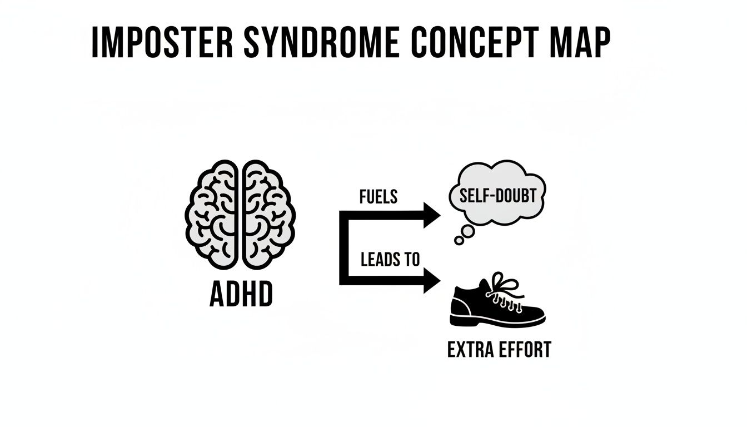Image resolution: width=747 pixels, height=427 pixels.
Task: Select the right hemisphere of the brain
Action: tap(268, 214)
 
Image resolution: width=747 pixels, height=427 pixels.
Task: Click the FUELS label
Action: tap(379, 197)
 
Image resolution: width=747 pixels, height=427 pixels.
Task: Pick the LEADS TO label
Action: tap(390, 259)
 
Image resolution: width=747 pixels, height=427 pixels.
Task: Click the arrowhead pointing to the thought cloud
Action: tap(432, 215)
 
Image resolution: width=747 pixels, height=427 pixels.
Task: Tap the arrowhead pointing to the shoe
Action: tap(432, 280)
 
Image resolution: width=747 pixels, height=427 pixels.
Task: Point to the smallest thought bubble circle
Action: tap(459, 240)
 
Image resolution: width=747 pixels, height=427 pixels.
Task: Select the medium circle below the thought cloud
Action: tap(469, 231)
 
